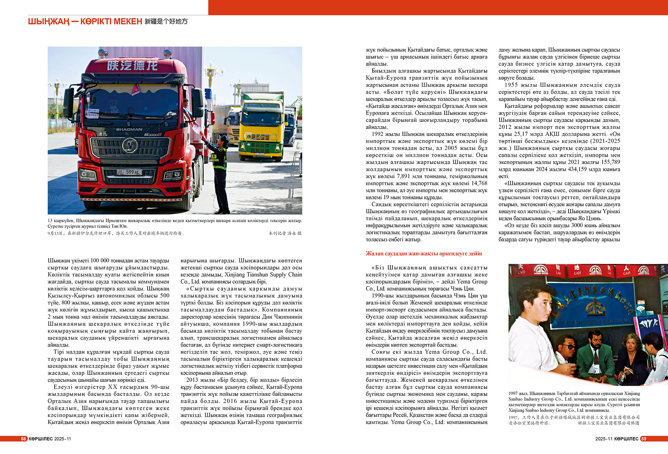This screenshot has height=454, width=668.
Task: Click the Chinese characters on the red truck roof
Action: pyautogui.click(x=132, y=65)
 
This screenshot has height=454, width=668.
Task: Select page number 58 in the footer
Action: pyautogui.click(x=24, y=439)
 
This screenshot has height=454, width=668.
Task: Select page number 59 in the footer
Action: pyautogui.click(x=644, y=439)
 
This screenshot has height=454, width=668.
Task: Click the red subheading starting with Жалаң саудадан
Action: pyautogui.click(x=423, y=253)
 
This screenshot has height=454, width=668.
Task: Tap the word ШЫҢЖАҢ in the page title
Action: pyautogui.click(x=49, y=22)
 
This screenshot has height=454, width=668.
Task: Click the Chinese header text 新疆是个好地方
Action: pyautogui.click(x=166, y=22)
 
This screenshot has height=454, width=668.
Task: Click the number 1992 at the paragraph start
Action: pyautogui.click(x=377, y=134)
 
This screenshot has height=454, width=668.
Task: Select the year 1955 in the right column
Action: pyautogui.click(x=511, y=85)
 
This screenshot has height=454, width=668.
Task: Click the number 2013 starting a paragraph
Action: pyautogui.click(x=192, y=380)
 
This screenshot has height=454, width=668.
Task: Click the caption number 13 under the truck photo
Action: pyautogui.click(x=50, y=221)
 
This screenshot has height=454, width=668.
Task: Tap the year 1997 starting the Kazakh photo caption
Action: pyautogui.click(x=514, y=393)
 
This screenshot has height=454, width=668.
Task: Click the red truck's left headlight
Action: pyautogui.click(x=88, y=174)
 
